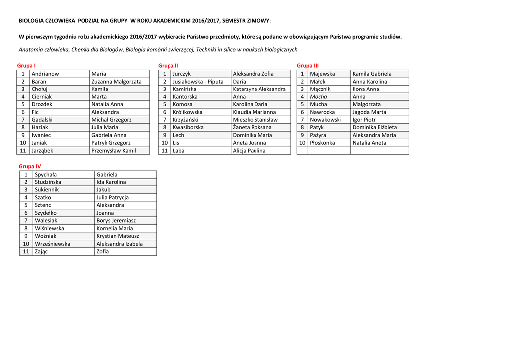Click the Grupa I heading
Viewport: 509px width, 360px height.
pyautogui.click(x=26, y=66)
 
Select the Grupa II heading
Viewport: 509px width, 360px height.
pyautogui.click(x=168, y=66)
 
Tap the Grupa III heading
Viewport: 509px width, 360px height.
pyautogui.click(x=308, y=66)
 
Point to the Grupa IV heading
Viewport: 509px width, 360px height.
pyautogui.click(x=30, y=166)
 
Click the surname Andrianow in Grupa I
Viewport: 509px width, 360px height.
pyautogui.click(x=45, y=74)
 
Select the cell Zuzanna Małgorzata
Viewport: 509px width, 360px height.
pyautogui.click(x=116, y=82)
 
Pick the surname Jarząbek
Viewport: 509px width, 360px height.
pyautogui.click(x=42, y=151)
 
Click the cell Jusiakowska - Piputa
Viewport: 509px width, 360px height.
pyautogui.click(x=198, y=82)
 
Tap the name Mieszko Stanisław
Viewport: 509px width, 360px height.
pyautogui.click(x=255, y=120)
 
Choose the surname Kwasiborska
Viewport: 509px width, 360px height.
pyautogui.click(x=188, y=127)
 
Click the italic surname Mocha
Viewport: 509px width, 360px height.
pyautogui.click(x=318, y=97)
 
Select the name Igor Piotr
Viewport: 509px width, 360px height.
pyautogui.click(x=364, y=120)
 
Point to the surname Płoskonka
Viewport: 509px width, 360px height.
pyautogui.click(x=322, y=143)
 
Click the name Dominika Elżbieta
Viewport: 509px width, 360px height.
pyautogui.click(x=375, y=127)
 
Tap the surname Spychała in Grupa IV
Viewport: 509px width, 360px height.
pyautogui.click(x=46, y=175)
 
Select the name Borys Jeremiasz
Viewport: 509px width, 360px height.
pyautogui.click(x=116, y=221)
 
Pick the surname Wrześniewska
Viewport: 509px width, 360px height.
pyautogui.click(x=52, y=244)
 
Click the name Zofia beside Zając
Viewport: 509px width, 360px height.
pyautogui.click(x=103, y=252)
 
